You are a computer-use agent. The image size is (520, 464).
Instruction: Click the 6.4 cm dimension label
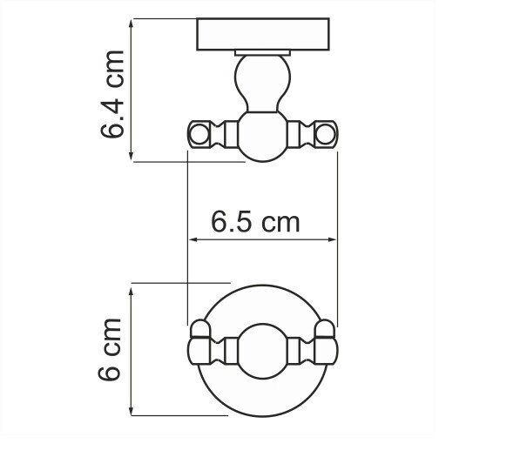pos(115,93)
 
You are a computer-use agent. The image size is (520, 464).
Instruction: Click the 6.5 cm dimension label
pos(255,222)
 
